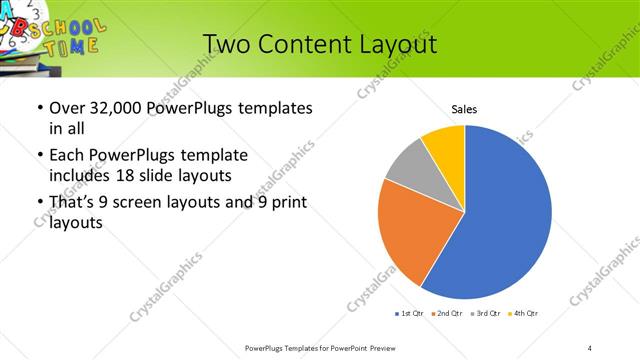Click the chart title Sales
click(x=464, y=108)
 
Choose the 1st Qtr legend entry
click(x=410, y=314)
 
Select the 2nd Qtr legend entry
click(x=448, y=314)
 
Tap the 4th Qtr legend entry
click(x=524, y=314)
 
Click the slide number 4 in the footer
click(x=590, y=346)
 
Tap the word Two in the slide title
click(x=225, y=45)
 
